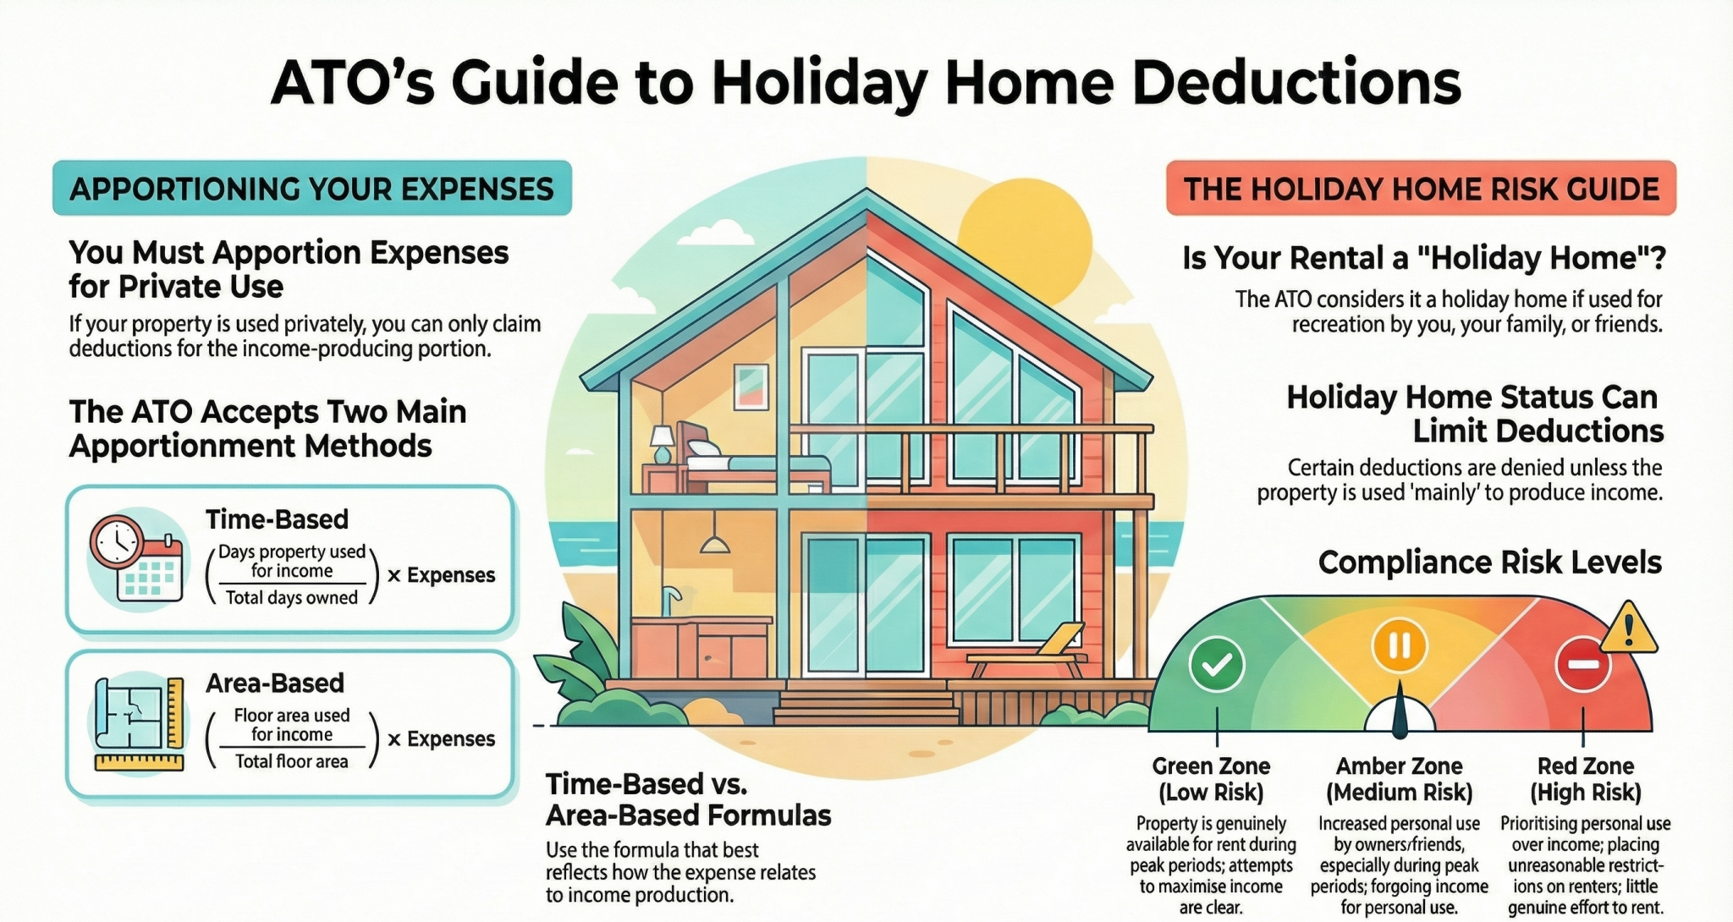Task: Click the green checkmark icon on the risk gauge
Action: tap(1216, 664)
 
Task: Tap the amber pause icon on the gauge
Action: tap(1399, 645)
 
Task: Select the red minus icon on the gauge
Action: tap(1582, 664)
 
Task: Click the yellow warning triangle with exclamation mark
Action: tap(1628, 630)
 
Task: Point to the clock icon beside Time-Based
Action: tap(117, 541)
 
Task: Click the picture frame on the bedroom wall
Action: tap(751, 387)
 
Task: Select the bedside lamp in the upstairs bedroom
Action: tap(662, 442)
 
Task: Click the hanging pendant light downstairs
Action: tap(715, 541)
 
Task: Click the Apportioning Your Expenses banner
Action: tap(311, 188)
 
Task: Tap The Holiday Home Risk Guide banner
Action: tap(1421, 188)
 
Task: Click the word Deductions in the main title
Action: tap(1296, 82)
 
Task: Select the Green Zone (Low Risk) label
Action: tap(1211, 779)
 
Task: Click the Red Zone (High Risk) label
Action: tap(1585, 779)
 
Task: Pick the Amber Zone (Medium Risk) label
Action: tap(1399, 779)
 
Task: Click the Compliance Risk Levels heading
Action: tap(1489, 563)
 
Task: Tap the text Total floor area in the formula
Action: tap(292, 761)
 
